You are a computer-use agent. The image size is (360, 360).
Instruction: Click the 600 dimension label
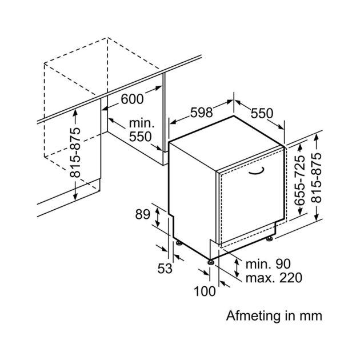[x=131, y=99]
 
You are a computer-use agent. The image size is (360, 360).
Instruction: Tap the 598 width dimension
[x=202, y=113]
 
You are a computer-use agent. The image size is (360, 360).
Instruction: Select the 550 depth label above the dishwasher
[x=262, y=113]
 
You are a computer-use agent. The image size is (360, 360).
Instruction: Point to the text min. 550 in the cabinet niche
[x=143, y=130]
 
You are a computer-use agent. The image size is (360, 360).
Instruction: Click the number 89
[x=143, y=215]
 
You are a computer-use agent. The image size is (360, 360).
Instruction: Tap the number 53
[x=165, y=268]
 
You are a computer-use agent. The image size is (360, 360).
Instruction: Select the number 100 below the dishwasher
[x=205, y=291]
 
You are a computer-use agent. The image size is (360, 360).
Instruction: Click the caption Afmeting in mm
[x=274, y=315]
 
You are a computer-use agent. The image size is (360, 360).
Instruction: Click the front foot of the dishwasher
[x=212, y=262]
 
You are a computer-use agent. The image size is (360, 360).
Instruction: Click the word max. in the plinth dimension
[x=258, y=278]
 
